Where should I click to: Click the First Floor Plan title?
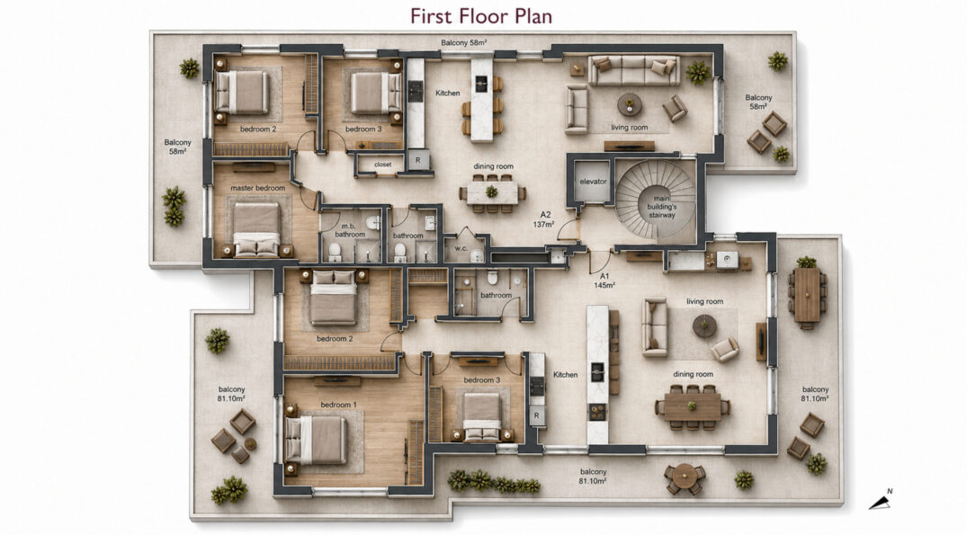(481, 16)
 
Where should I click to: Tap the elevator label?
(594, 182)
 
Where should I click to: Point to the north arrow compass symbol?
(882, 500)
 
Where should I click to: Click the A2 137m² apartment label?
(545, 219)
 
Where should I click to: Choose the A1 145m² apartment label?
(604, 281)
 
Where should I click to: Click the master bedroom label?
(258, 188)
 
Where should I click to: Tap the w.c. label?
(461, 249)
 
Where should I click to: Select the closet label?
(383, 165)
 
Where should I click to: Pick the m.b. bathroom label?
(350, 230)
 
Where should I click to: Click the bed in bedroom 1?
(316, 440)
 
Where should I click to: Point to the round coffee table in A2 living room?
(629, 104)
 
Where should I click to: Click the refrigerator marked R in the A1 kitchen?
(536, 415)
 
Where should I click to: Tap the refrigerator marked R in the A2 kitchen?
(417, 160)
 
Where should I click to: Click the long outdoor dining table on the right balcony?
(807, 295)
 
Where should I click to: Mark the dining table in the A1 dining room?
(693, 406)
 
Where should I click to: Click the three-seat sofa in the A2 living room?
(634, 70)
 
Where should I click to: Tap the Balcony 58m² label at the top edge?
(464, 42)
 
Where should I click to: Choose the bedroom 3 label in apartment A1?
(481, 380)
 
